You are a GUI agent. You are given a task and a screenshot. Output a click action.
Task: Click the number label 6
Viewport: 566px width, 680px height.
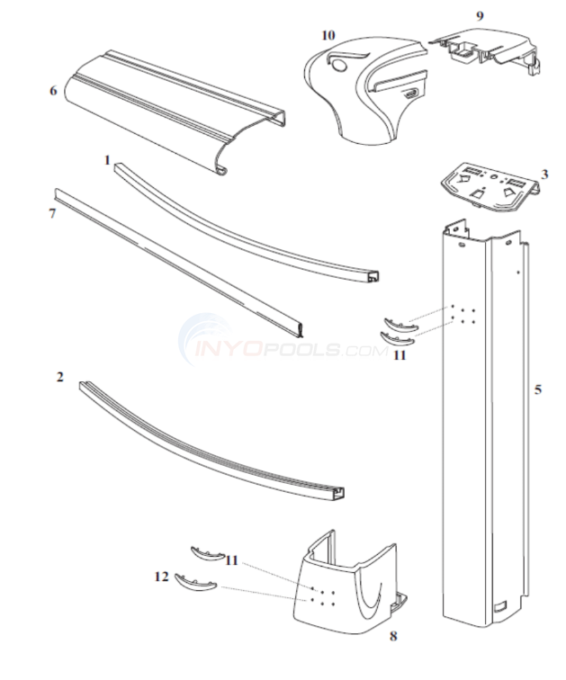tap(53, 90)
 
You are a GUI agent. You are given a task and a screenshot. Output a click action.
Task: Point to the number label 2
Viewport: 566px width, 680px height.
tap(60, 378)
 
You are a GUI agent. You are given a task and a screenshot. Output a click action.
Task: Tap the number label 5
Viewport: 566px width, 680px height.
tap(537, 389)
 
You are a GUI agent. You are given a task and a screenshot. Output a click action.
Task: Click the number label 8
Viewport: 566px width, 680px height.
tap(392, 637)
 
